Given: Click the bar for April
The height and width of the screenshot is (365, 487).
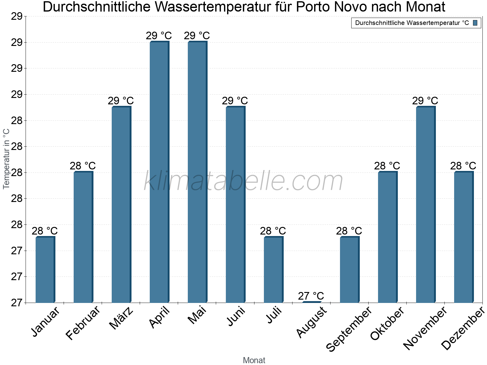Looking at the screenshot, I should click(159, 172).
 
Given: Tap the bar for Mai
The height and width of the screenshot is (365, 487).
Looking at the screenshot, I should click(197, 172).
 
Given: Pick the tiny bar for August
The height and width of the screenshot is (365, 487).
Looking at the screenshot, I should click(311, 302).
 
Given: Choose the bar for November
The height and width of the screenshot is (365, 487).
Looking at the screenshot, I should click(426, 204).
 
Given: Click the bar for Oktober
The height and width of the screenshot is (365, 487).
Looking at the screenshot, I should click(387, 237).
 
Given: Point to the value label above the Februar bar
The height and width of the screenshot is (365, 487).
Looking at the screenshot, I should click(83, 166).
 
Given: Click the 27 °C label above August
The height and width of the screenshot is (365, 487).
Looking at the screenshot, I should click(311, 296).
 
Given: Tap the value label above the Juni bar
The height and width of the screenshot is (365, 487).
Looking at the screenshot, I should click(235, 101).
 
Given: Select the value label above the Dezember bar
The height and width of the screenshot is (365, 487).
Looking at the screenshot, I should click(463, 166).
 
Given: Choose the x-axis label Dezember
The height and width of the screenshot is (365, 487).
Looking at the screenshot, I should click(463, 328).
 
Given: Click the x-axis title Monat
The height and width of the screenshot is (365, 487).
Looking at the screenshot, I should click(254, 360).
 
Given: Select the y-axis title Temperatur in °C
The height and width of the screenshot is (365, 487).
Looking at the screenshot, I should click(6, 159).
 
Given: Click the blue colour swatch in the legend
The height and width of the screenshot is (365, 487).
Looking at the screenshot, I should click(475, 23).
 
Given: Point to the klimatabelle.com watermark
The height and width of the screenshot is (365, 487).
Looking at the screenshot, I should click(243, 181).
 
